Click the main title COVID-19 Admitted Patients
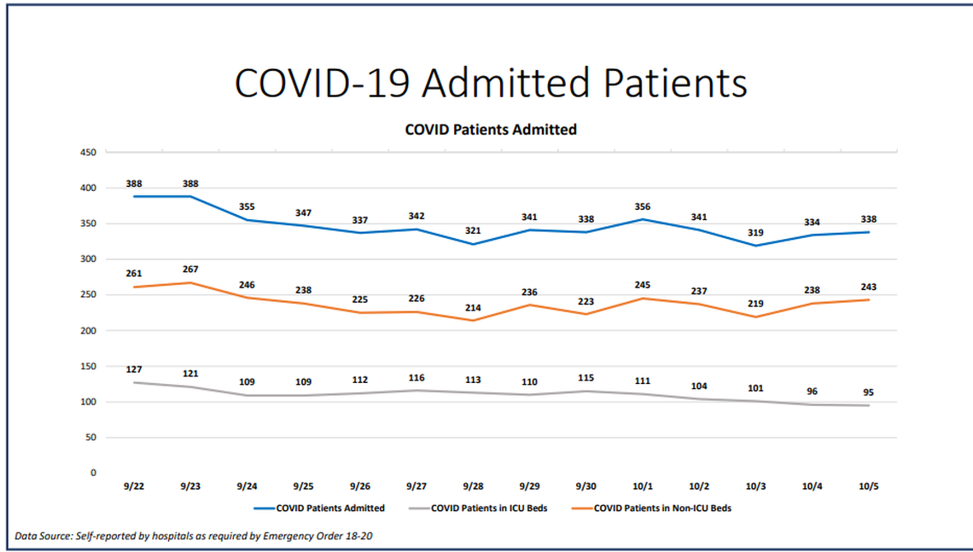point(491,83)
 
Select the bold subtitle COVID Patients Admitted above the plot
point(490,130)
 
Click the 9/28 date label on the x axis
point(473,486)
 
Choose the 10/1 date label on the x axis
point(643,486)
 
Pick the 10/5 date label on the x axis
point(869,486)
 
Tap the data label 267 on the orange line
point(190,269)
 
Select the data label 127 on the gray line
point(134,369)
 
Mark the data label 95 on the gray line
point(869,392)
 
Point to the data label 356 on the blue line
point(643,206)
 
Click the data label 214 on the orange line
point(473,307)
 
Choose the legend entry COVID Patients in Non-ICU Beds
point(662,508)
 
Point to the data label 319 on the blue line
point(755,232)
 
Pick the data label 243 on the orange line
point(869,287)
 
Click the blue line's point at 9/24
point(247,220)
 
